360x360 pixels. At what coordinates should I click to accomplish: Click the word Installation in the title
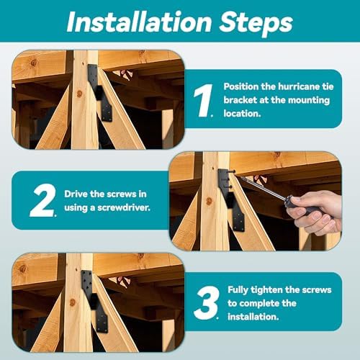[x=139, y=22]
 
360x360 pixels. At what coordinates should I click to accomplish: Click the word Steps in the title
[x=256, y=23]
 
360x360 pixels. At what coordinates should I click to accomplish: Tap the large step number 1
[x=203, y=100]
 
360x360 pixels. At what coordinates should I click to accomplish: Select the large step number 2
[x=42, y=200]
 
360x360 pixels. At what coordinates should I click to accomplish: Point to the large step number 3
[x=207, y=303]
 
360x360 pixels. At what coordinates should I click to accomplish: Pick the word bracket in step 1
[x=240, y=100]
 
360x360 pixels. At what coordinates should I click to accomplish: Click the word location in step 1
[x=242, y=113]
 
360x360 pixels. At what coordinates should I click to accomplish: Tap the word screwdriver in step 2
[x=124, y=207]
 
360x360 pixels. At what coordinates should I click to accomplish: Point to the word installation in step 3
[x=253, y=317]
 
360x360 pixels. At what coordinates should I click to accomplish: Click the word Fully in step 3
[x=238, y=290]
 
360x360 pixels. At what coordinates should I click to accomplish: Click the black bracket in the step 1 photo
[x=100, y=93]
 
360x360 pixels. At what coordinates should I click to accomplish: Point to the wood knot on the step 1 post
[x=79, y=94]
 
